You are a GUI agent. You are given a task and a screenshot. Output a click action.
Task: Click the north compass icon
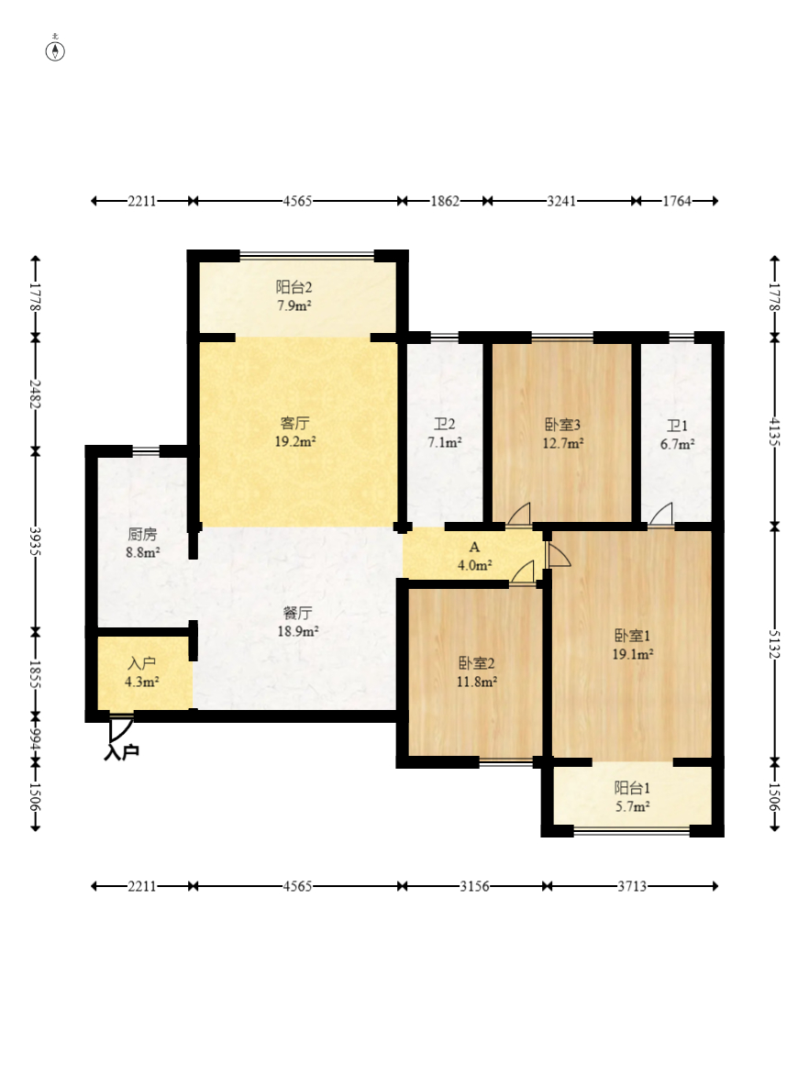coord(55,50)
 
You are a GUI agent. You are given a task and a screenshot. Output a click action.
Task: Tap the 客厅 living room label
coord(294,423)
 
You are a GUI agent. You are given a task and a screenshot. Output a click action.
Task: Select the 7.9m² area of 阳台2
coord(294,305)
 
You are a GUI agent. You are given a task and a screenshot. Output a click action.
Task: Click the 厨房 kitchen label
coord(142,535)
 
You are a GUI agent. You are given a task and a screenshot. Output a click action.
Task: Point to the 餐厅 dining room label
coord(297,613)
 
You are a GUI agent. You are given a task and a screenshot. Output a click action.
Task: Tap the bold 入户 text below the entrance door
coord(121,751)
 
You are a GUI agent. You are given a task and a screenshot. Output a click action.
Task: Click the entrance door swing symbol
coord(120,728)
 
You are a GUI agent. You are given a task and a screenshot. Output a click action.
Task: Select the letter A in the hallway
coord(474,548)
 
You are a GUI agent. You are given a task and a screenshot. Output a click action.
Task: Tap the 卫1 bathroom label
coord(677,426)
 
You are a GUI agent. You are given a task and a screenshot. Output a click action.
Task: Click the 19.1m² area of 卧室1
coord(632,654)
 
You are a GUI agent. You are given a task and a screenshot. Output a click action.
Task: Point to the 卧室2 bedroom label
coord(476,663)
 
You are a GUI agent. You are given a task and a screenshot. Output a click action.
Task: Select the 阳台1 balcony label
coord(632,788)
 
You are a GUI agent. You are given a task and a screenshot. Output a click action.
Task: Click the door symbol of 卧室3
coord(518,514)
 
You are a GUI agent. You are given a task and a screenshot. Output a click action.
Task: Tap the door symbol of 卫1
coord(660,514)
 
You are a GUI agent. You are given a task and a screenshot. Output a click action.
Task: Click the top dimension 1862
coord(445,201)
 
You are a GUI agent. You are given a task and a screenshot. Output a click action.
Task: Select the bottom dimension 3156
coord(474,886)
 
